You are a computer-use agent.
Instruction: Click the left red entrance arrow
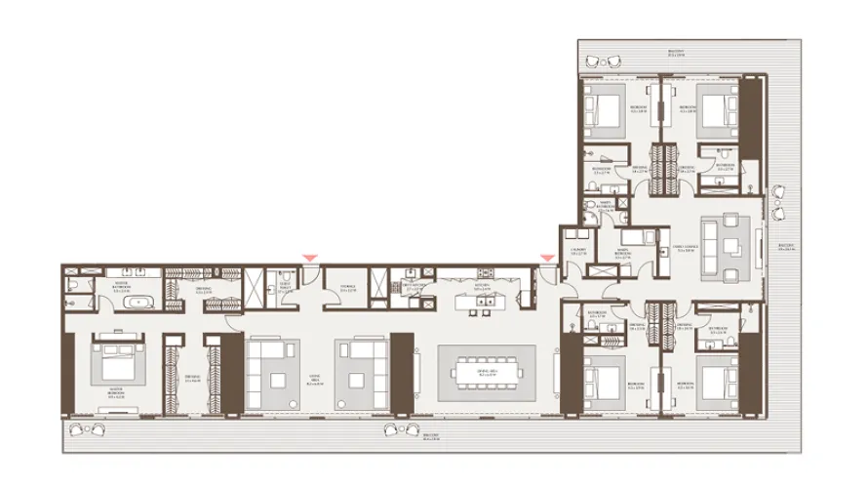tap(309, 258)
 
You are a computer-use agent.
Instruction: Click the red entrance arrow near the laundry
tap(547, 258)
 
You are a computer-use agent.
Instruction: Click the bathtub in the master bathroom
tap(138, 304)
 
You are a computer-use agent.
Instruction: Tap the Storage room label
tap(346, 288)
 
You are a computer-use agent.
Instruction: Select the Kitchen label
tap(481, 288)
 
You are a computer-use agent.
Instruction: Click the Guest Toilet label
tap(285, 287)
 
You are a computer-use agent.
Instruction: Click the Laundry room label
tap(577, 251)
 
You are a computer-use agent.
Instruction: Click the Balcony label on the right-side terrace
tap(786, 247)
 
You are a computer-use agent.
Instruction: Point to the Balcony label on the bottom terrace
tap(430, 437)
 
